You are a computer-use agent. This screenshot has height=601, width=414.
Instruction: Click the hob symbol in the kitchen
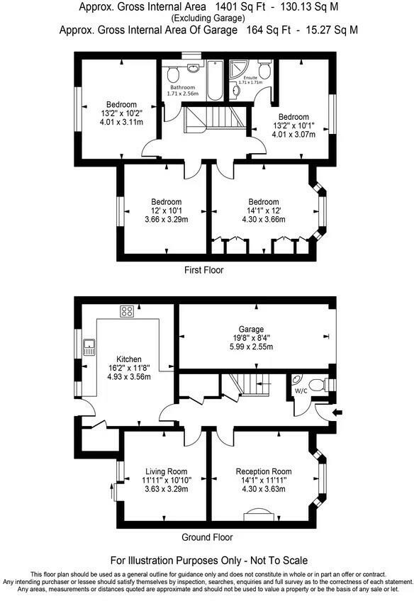pyautogui.click(x=128, y=310)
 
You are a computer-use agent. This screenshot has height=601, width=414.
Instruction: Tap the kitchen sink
pyautogui.click(x=89, y=347)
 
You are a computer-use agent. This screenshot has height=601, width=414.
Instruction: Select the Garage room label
pyautogui.click(x=251, y=330)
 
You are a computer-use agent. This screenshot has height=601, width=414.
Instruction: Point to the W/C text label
pyautogui.click(x=301, y=389)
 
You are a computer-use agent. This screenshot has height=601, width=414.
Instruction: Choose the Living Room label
pyautogui.click(x=166, y=471)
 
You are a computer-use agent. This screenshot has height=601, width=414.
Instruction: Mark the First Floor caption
pyautogui.click(x=203, y=270)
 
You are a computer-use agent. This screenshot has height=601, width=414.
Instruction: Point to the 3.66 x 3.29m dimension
pyautogui.click(x=166, y=220)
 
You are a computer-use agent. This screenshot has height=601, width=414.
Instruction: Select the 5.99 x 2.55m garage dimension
pyautogui.click(x=251, y=347)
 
